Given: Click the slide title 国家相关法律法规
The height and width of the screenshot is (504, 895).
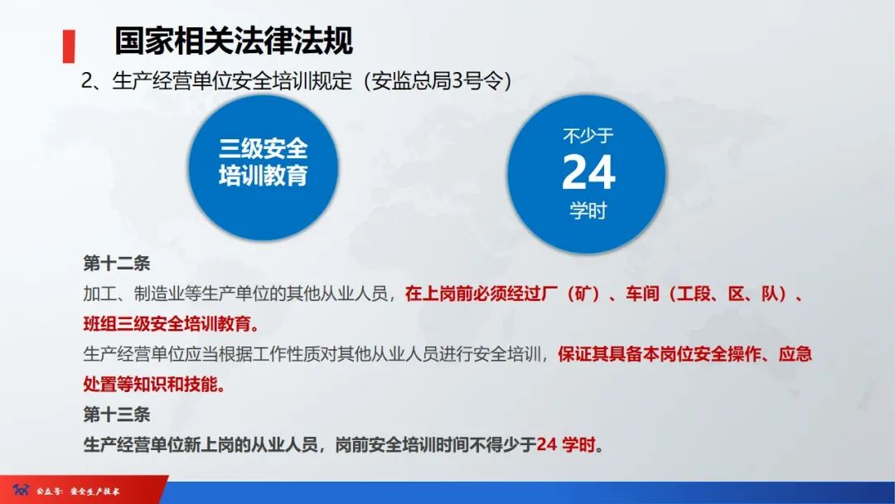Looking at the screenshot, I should click(x=233, y=40).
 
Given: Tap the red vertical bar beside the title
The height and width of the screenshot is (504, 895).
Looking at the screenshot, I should click(x=69, y=46).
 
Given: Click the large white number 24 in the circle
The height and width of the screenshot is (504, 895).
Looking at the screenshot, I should click(x=588, y=172).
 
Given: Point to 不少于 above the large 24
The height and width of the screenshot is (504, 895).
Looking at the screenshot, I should click(x=588, y=135).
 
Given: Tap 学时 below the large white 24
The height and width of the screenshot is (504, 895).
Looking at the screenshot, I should click(x=588, y=211).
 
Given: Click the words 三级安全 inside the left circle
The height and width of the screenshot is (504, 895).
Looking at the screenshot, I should click(x=264, y=148).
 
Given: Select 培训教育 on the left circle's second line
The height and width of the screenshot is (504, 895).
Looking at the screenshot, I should click(x=264, y=176).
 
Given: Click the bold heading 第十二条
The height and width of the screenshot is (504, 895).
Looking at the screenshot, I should click(x=117, y=264).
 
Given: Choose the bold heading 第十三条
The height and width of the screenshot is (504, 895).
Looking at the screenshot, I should click(x=117, y=414).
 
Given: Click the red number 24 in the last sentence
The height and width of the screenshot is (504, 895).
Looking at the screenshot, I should click(x=546, y=444).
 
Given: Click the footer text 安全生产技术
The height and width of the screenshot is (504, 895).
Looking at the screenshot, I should click(x=95, y=492).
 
